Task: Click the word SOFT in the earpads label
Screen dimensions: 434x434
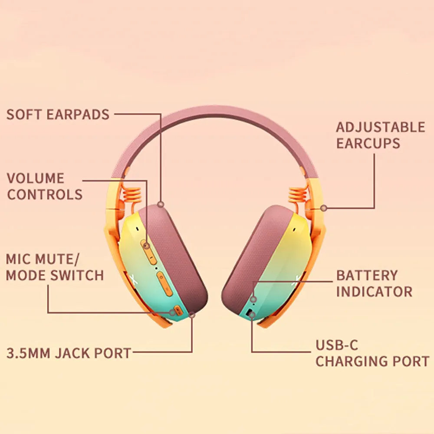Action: pos(24,115)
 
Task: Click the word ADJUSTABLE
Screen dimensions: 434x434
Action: pos(381,127)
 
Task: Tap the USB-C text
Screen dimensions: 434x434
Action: pos(337,345)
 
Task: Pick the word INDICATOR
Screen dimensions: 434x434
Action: pos(374,291)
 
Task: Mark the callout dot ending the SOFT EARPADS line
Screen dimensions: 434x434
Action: pos(161,204)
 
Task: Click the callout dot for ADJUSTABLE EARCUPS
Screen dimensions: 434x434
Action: pos(323,208)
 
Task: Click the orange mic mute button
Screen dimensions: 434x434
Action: pos(174,312)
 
